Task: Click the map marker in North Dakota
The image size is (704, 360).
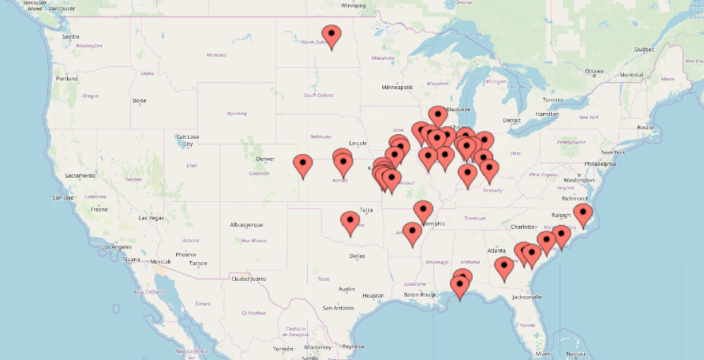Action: pos(331,35)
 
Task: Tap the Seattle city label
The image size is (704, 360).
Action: pos(71,36)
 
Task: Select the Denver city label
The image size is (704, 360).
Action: pos(265,159)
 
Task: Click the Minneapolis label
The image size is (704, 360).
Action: pos(397,88)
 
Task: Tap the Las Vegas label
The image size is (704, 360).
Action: pos(151,218)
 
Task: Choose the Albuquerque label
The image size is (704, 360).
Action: pos(246,224)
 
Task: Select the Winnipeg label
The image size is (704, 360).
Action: pos(354,5)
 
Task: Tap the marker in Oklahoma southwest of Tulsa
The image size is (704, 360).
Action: pos(350,222)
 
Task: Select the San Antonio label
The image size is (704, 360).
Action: pos(338,308)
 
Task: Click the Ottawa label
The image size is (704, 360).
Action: pos(595,71)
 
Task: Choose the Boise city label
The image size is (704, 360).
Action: pos(139,100)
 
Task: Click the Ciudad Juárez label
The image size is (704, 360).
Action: pos(249,279)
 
